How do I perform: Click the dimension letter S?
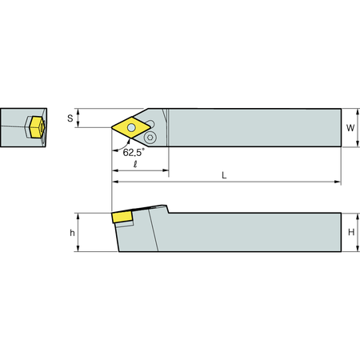[70, 118]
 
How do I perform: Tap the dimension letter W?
[350, 128]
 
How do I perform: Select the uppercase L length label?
[224, 175]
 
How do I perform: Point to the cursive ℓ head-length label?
[135, 164]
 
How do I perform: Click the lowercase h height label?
[72, 233]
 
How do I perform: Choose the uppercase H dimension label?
[351, 232]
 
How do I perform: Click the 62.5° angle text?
[134, 152]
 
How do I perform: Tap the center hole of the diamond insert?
[131, 128]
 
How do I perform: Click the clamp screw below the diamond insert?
[150, 138]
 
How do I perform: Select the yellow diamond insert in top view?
[131, 128]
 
